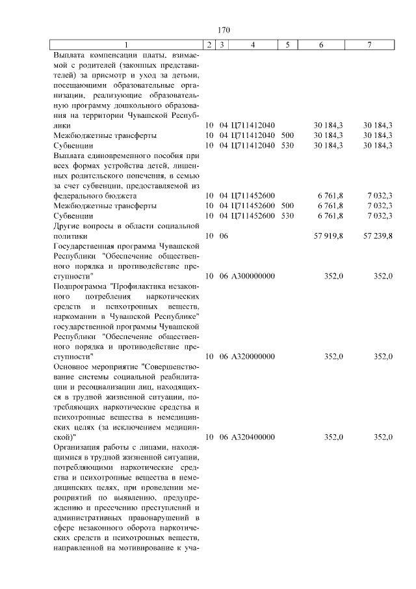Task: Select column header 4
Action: pyautogui.click(x=253, y=44)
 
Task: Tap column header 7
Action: pyautogui.click(x=369, y=44)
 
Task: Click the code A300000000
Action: pyautogui.click(x=253, y=276)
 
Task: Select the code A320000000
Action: pyautogui.click(x=253, y=357)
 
